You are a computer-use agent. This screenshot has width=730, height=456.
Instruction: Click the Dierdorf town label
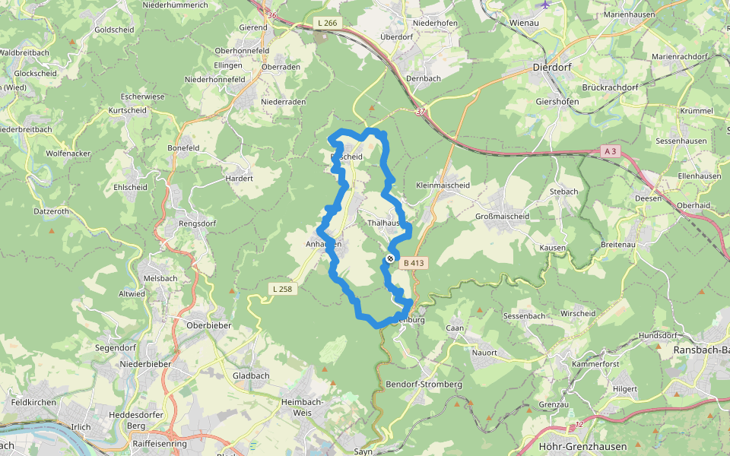tap(553, 66)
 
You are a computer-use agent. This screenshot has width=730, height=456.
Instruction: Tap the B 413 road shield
tap(414, 263)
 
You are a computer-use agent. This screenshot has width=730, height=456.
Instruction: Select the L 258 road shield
tap(281, 289)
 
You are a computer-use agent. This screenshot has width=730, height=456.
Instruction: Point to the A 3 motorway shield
tap(608, 150)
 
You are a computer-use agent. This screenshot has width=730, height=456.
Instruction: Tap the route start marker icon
tap(390, 259)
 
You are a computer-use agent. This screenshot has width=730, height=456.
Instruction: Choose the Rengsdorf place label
tap(198, 223)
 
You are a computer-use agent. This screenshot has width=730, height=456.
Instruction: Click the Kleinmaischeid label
tap(443, 185)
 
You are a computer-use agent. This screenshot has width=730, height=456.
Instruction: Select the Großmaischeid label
tap(502, 217)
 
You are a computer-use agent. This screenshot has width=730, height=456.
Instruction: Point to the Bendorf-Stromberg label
tap(424, 385)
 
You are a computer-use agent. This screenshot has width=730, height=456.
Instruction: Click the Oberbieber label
tap(208, 325)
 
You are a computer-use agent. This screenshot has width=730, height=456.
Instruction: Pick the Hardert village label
tap(239, 179)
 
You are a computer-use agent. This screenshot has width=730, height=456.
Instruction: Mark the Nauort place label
tap(484, 353)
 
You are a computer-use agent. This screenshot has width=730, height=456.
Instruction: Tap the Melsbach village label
tap(160, 278)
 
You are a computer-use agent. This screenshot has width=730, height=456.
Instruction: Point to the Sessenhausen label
tap(681, 141)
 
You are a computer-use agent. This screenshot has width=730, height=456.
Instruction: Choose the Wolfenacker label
tap(68, 154)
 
